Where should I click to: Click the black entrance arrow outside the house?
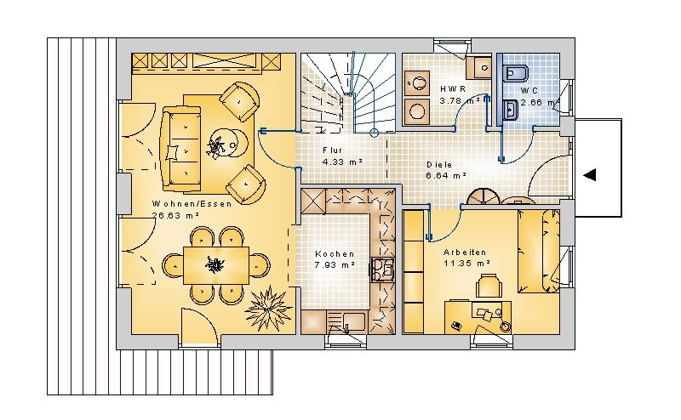(x=589, y=175)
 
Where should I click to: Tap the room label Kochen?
(x=335, y=254)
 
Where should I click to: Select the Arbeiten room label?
(x=465, y=253)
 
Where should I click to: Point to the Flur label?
(x=333, y=150)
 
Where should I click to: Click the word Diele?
(x=439, y=164)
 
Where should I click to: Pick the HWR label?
(x=453, y=89)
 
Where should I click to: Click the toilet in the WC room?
(x=516, y=73)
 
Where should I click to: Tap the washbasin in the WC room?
(x=510, y=110)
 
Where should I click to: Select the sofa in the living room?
(x=182, y=149)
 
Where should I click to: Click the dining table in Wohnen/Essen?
(x=216, y=265)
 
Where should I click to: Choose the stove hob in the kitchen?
(x=382, y=270)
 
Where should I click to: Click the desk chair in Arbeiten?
(x=489, y=286)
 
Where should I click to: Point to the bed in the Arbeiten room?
(x=539, y=251)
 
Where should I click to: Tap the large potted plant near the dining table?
(x=268, y=309)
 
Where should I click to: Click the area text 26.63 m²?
(x=176, y=215)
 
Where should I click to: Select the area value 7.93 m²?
(x=335, y=264)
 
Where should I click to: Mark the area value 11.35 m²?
(x=466, y=263)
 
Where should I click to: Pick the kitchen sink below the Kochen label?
(x=346, y=322)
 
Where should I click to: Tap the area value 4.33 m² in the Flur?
(x=342, y=162)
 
